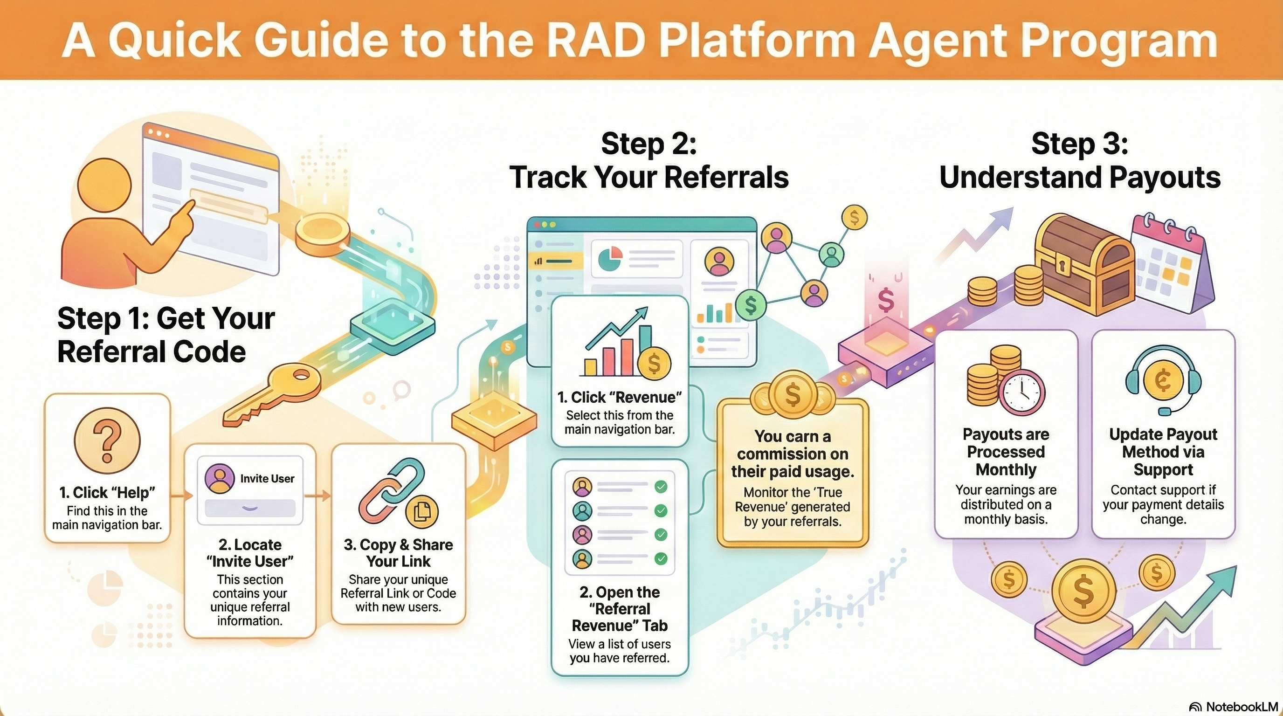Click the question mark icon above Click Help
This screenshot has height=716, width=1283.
click(107, 440)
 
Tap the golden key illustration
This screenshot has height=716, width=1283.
click(271, 393)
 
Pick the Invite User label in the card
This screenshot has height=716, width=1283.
click(267, 478)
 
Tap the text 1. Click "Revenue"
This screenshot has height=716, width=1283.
click(620, 397)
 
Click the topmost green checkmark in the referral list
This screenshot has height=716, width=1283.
click(661, 487)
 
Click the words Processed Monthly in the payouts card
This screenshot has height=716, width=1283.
click(1006, 461)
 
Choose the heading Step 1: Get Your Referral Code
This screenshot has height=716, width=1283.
click(166, 335)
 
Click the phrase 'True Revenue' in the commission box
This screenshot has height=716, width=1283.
click(793, 500)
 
